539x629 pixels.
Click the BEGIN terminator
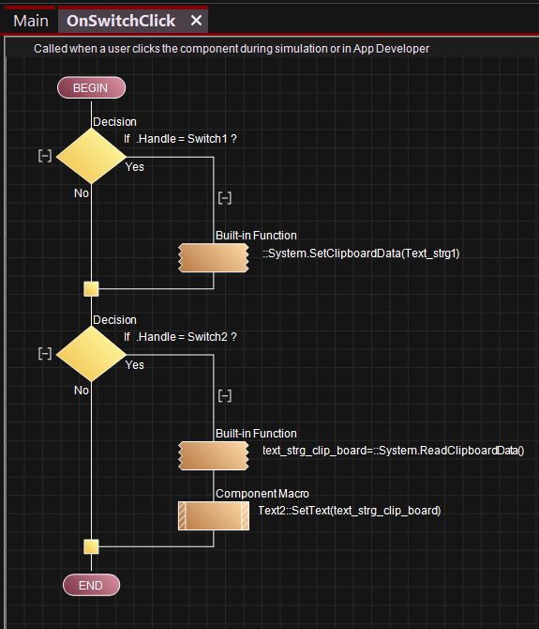pyautogui.click(x=91, y=87)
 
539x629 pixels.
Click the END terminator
pyautogui.click(x=91, y=585)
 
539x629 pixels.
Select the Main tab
pyautogui.click(x=31, y=21)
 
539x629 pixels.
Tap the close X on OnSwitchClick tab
pyautogui.click(x=196, y=20)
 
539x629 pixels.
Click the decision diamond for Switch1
pyautogui.click(x=91, y=156)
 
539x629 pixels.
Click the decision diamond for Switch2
pyautogui.click(x=91, y=354)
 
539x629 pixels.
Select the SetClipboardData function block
pyautogui.click(x=214, y=257)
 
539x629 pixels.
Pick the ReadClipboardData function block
pyautogui.click(x=214, y=455)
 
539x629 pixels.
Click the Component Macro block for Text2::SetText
pyautogui.click(x=214, y=516)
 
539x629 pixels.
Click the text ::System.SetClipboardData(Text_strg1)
pyautogui.click(x=361, y=253)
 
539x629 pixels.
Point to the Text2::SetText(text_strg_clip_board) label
pyautogui.click(x=350, y=511)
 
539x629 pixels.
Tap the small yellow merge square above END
pyautogui.click(x=91, y=546)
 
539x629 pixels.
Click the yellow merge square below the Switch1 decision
pyautogui.click(x=91, y=289)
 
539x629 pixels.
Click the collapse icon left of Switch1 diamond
pyautogui.click(x=45, y=156)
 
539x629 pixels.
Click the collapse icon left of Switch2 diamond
pyautogui.click(x=45, y=353)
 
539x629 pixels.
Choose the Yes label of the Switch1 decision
pyautogui.click(x=135, y=167)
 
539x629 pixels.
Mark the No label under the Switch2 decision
pyautogui.click(x=82, y=391)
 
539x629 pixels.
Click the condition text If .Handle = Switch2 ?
pyautogui.click(x=180, y=337)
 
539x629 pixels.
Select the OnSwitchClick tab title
pyautogui.click(x=121, y=21)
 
